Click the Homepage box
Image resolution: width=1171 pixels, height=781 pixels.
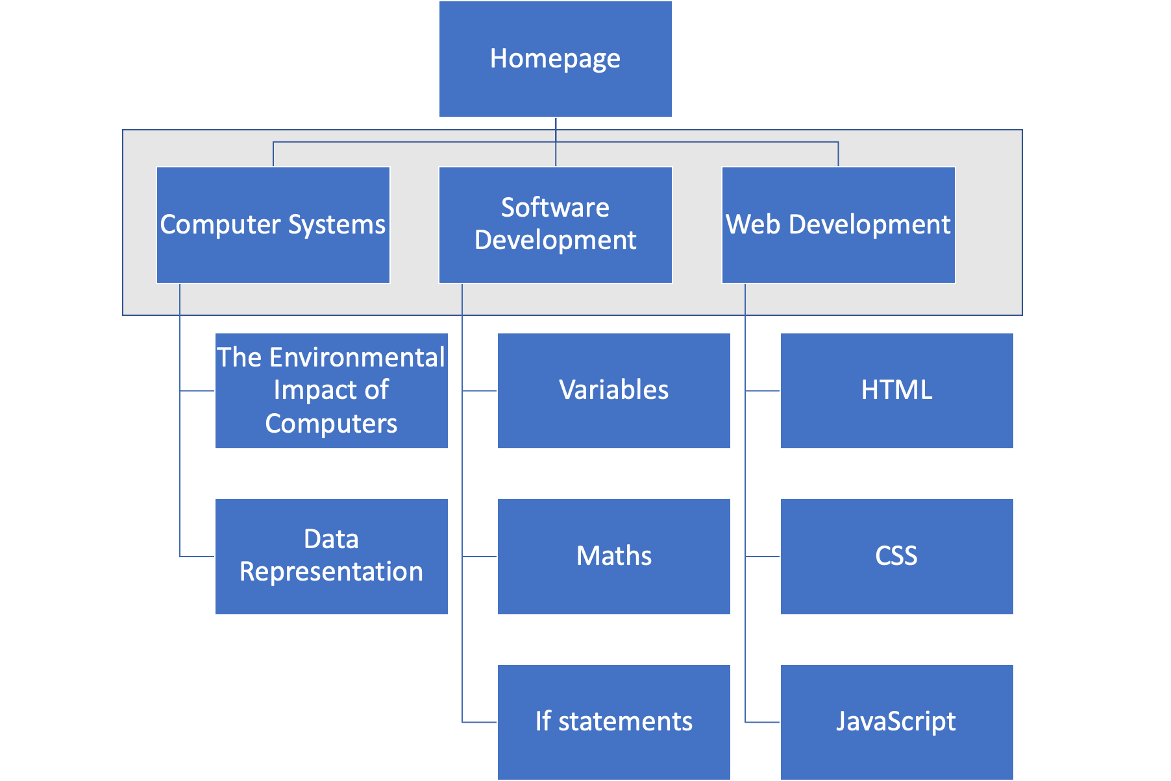pos(556,59)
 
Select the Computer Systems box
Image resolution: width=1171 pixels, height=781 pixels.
pos(273,225)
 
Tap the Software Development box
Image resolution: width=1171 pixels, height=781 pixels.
pos(556,225)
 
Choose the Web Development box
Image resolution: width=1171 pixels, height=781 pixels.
pos(838,225)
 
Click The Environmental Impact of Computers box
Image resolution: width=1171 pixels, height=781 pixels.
pos(332,390)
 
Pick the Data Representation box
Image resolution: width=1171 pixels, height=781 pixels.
pos(332,557)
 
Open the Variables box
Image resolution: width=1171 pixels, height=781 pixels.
pos(614,390)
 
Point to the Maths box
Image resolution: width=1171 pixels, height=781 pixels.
pos(614,557)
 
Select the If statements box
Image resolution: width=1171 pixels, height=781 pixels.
pos(614,722)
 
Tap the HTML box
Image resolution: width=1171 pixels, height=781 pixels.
pos(896,390)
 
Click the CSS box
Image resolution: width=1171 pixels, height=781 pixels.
pos(896,557)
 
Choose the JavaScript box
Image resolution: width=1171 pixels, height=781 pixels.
pos(896,722)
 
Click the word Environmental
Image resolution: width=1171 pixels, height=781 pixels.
pos(366,358)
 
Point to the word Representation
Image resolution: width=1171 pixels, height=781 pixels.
pos(332,572)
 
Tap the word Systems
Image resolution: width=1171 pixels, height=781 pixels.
pos(337,225)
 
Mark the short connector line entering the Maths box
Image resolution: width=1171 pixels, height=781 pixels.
pos(480,557)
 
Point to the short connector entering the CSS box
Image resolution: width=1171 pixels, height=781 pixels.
pos(763,557)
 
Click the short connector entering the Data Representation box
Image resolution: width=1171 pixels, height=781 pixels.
pos(197,557)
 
